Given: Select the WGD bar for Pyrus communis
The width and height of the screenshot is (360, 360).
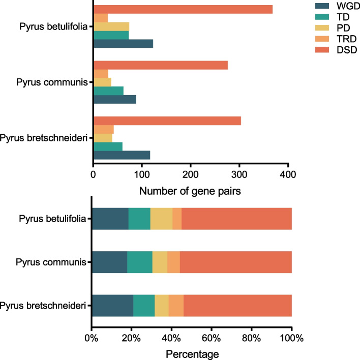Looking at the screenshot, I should (x=115, y=100).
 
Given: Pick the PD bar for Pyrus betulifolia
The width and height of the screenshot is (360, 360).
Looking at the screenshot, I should (x=111, y=26).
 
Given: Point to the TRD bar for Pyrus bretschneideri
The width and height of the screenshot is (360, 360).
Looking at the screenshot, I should (x=104, y=129).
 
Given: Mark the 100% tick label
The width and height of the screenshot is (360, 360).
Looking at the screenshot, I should (x=291, y=337).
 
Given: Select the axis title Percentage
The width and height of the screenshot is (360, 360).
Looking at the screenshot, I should (x=191, y=352).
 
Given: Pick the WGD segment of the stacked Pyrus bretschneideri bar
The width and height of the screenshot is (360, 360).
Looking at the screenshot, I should (x=112, y=306).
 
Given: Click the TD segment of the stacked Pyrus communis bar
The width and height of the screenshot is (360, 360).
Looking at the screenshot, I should (x=140, y=262).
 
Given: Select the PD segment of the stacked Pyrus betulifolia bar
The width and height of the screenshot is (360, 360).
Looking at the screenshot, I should (x=161, y=219).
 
